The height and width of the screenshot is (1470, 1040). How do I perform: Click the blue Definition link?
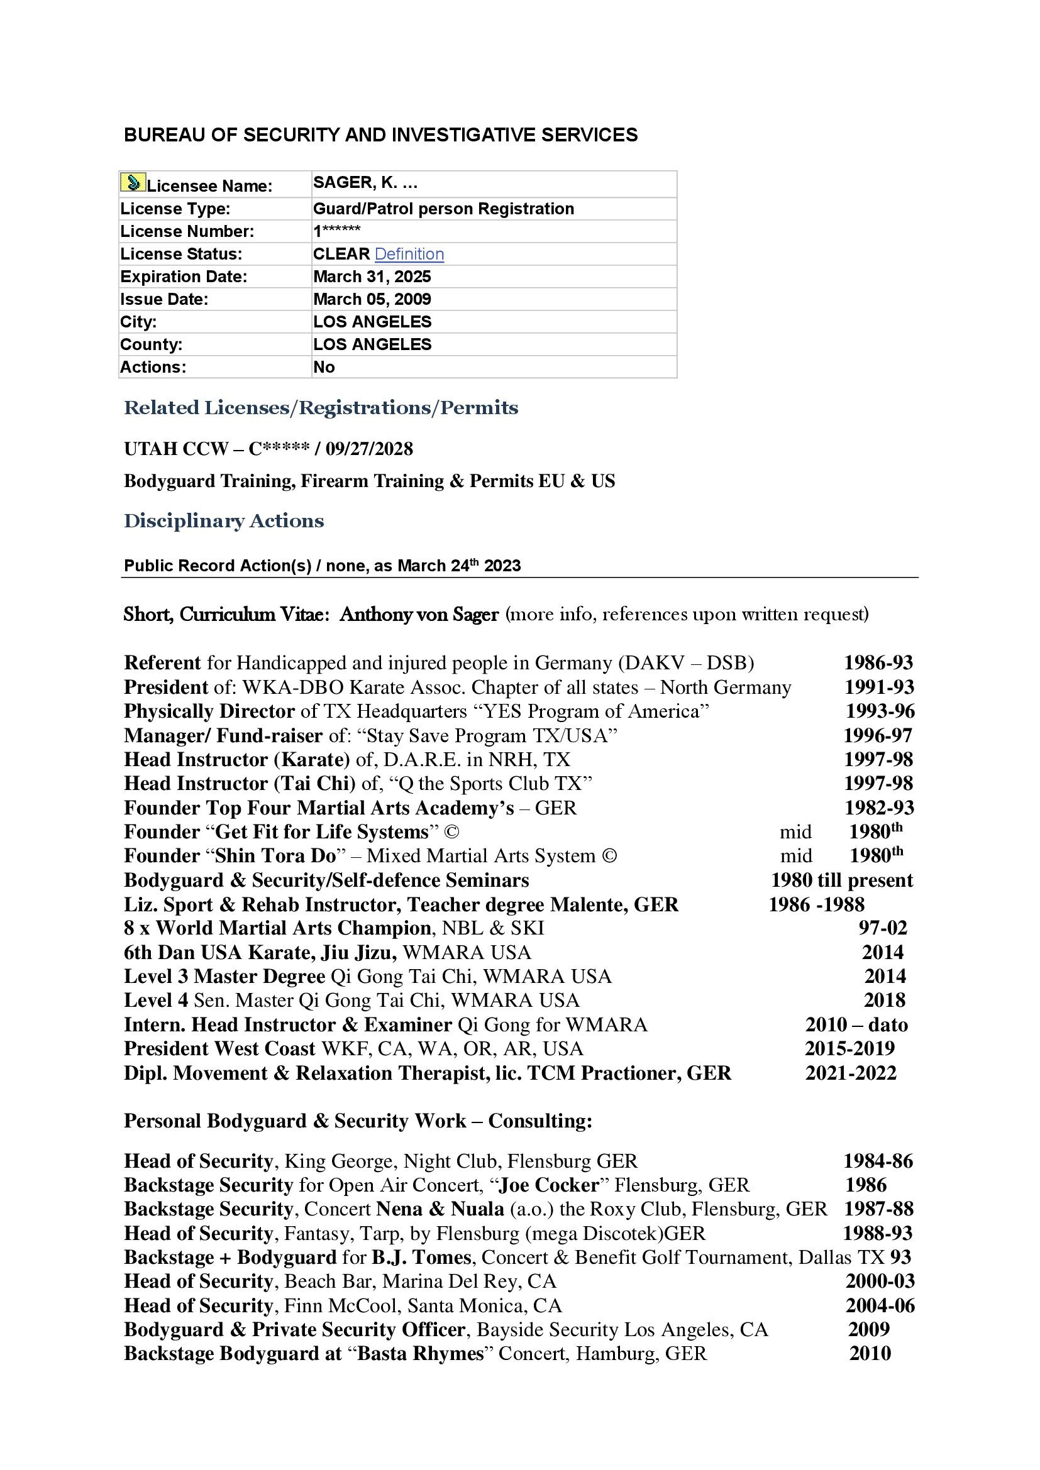(x=409, y=254)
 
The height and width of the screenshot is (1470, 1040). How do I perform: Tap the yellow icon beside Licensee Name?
(x=133, y=183)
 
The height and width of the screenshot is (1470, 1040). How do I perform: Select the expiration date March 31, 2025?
(x=372, y=277)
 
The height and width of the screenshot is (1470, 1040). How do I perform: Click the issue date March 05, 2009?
(x=372, y=299)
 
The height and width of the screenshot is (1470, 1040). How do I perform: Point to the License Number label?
(x=187, y=231)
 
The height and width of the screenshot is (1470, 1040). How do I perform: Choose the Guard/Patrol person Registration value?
(x=443, y=209)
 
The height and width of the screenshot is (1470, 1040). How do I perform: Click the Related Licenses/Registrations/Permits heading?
(x=321, y=408)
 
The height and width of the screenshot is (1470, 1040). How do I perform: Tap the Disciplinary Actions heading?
(x=223, y=520)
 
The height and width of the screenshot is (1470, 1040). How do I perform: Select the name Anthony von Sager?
(x=419, y=614)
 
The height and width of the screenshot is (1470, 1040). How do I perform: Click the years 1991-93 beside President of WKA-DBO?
(x=878, y=687)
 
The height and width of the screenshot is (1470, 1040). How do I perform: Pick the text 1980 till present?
(x=841, y=880)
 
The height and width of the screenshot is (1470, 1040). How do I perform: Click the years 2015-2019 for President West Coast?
(x=849, y=1049)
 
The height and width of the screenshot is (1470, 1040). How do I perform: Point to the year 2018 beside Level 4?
(x=885, y=1000)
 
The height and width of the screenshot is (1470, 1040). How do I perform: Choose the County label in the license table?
(x=151, y=344)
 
